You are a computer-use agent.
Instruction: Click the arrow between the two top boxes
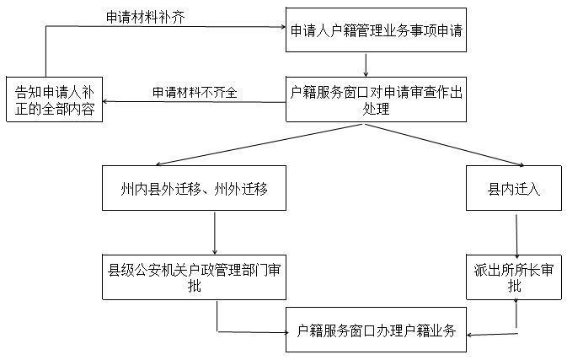coord(366,66)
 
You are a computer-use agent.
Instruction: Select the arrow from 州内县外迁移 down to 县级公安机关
coord(217,232)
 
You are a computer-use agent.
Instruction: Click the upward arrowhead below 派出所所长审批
coord(516,302)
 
